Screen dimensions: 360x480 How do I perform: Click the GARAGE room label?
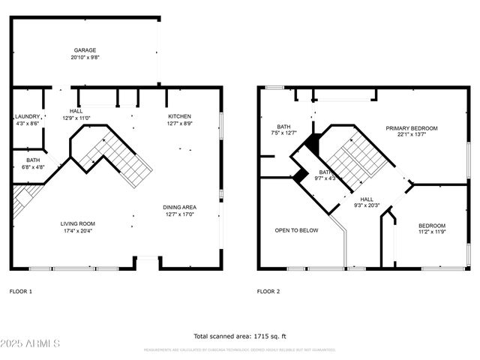[x=84, y=50]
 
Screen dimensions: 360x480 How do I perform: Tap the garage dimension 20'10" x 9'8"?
[x=84, y=57]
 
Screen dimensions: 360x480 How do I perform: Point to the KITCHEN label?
[x=179, y=116]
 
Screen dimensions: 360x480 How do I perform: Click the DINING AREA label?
[x=179, y=207]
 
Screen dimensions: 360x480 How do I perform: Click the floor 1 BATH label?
[x=33, y=160]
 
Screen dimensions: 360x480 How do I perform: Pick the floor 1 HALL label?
[x=76, y=111]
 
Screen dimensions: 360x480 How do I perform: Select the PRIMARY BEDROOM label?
[x=412, y=128]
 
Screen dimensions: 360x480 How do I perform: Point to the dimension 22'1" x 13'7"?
[x=412, y=135]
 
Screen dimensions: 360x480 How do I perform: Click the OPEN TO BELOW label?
[x=297, y=230]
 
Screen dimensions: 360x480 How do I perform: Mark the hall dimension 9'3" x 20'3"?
[x=367, y=205]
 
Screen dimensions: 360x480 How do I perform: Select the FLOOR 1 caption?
[x=21, y=291]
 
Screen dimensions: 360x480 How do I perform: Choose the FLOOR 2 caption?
[x=268, y=291]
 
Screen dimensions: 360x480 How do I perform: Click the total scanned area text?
[x=240, y=336]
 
